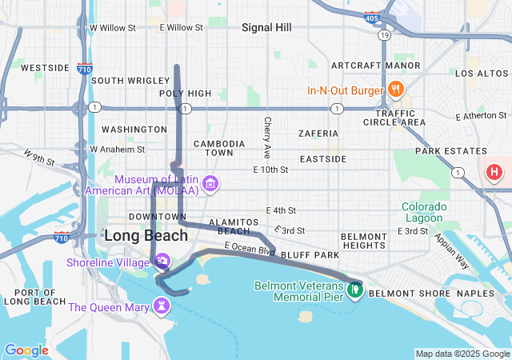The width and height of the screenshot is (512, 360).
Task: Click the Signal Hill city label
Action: tap(266, 27)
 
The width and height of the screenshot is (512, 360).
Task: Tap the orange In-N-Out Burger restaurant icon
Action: tap(394, 89)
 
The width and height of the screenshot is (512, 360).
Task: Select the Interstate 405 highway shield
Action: tap(370, 16)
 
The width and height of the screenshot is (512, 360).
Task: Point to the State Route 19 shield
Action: tap(385, 36)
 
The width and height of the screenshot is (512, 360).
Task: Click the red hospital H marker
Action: tap(495, 171)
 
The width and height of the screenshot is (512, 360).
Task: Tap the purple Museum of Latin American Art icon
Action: tap(210, 185)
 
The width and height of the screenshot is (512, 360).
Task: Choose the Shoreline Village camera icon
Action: tap(162, 260)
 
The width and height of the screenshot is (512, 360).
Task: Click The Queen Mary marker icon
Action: tap(162, 306)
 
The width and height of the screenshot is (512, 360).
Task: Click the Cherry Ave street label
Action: tap(268, 137)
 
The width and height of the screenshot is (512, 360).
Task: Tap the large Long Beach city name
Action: tap(146, 236)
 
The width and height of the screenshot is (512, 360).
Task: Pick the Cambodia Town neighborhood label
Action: tap(214, 148)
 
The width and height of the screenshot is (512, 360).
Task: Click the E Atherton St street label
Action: tap(482, 117)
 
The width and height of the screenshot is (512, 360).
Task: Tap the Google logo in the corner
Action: tap(26, 350)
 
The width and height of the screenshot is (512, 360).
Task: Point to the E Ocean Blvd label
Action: tap(250, 249)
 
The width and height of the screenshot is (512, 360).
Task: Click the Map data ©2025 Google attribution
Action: tap(462, 354)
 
